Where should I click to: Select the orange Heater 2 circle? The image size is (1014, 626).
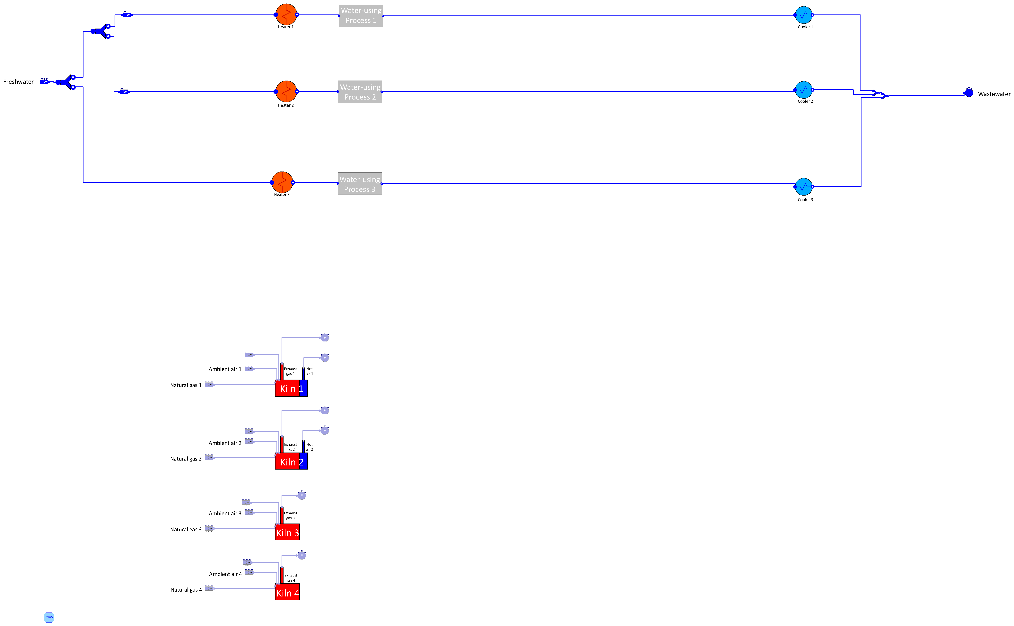[x=286, y=92]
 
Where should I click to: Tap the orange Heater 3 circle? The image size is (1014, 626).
[x=282, y=182]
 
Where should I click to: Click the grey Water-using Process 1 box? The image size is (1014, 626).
[x=361, y=16]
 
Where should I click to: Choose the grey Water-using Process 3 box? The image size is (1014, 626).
[x=360, y=184]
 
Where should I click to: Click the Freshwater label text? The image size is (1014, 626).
[x=19, y=82]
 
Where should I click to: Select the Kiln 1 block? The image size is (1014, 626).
[x=291, y=388]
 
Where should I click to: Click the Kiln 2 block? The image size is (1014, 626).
[x=291, y=462]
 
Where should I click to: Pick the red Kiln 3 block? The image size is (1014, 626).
[x=287, y=533]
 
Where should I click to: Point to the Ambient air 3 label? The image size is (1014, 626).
[x=225, y=513]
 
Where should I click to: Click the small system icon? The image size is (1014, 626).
[x=49, y=617]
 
